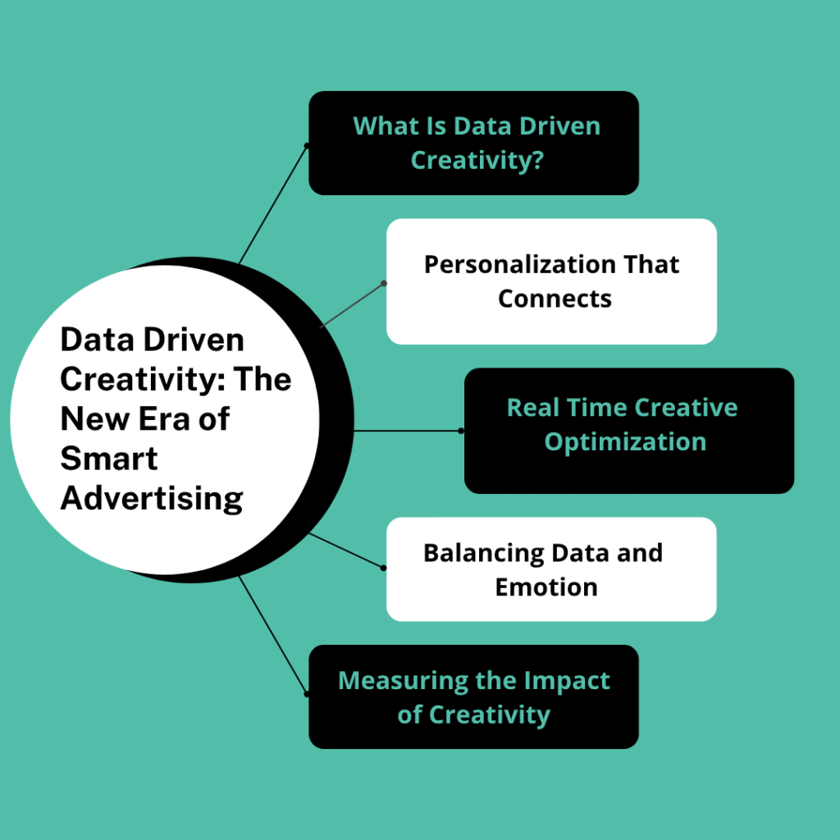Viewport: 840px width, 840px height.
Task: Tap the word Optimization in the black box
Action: pyautogui.click(x=625, y=442)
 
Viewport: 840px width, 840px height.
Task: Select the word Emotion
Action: pyautogui.click(x=546, y=587)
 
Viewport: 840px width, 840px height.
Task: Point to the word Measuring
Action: pyautogui.click(x=403, y=682)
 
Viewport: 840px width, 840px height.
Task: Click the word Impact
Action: pyautogui.click(x=567, y=682)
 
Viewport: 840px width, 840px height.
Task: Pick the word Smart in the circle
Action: pyautogui.click(x=109, y=459)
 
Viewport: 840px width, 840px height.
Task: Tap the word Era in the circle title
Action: pyautogui.click(x=164, y=419)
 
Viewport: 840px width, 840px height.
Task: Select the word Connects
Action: pyautogui.click(x=555, y=299)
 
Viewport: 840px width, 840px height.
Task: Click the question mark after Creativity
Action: pyautogui.click(x=537, y=160)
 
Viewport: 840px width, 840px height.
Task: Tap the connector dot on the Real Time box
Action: pyautogui.click(x=461, y=431)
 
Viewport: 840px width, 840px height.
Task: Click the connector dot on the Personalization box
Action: pyautogui.click(x=384, y=283)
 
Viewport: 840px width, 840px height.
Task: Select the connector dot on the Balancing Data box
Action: pyautogui.click(x=384, y=568)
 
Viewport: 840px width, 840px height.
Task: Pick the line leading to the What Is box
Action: pyautogui.click(x=272, y=204)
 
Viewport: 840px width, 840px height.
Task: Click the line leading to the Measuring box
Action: pyautogui.click(x=272, y=635)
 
